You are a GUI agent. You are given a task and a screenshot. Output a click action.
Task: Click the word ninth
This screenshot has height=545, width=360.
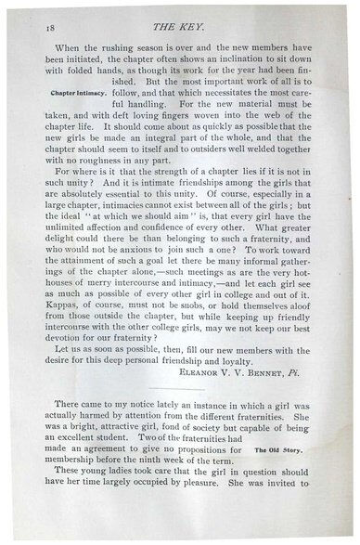click(162, 487)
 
